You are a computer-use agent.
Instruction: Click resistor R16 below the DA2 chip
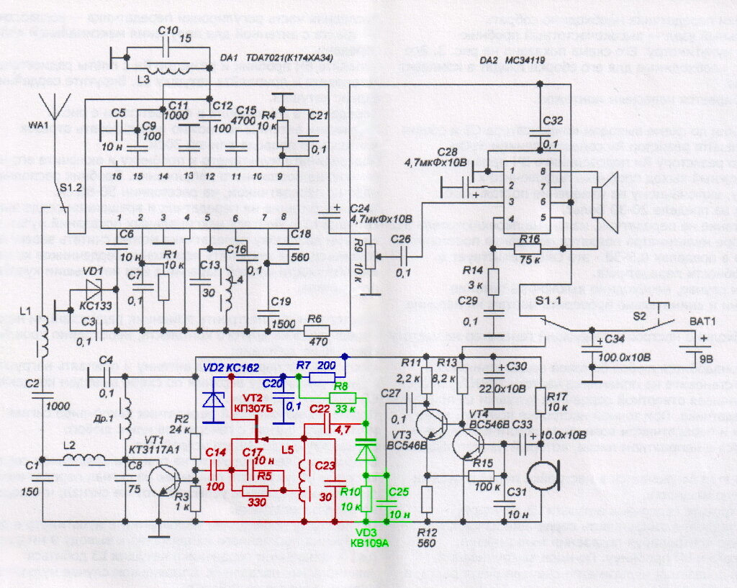coord(528,249)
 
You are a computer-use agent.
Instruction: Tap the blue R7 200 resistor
coord(320,375)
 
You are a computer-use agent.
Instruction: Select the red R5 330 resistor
coord(256,490)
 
